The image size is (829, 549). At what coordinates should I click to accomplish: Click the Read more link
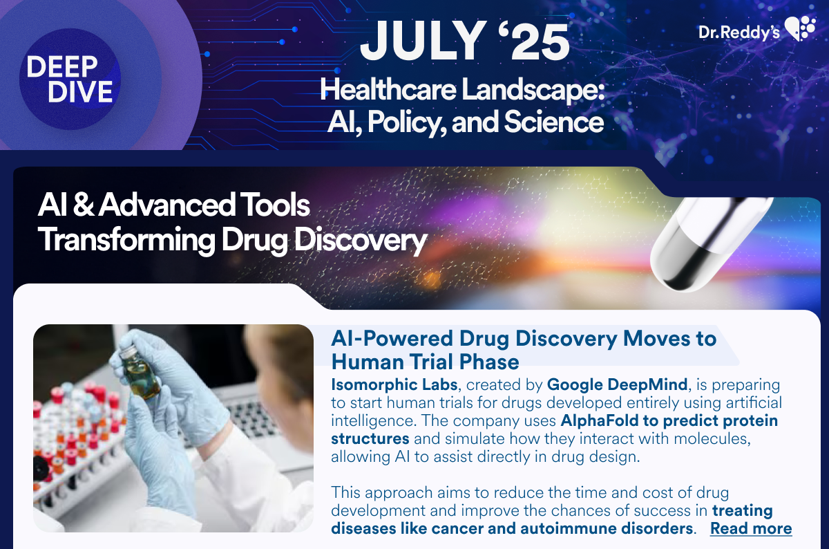click(751, 528)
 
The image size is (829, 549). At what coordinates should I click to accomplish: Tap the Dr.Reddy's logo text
click(739, 32)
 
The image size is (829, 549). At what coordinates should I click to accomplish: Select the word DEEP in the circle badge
click(62, 66)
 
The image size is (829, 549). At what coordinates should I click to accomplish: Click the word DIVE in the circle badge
click(80, 91)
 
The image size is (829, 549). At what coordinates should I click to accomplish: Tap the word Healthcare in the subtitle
click(388, 90)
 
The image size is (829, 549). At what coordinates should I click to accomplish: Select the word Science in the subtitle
click(553, 122)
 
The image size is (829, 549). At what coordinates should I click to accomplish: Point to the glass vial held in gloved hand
click(142, 373)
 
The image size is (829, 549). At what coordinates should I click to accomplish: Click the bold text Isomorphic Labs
click(394, 384)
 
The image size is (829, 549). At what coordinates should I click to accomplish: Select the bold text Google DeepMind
click(618, 384)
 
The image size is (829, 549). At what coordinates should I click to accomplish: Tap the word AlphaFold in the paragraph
click(600, 420)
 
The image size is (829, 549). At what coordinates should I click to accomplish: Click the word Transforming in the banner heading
click(126, 240)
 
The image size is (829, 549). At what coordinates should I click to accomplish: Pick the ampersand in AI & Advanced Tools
click(84, 205)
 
